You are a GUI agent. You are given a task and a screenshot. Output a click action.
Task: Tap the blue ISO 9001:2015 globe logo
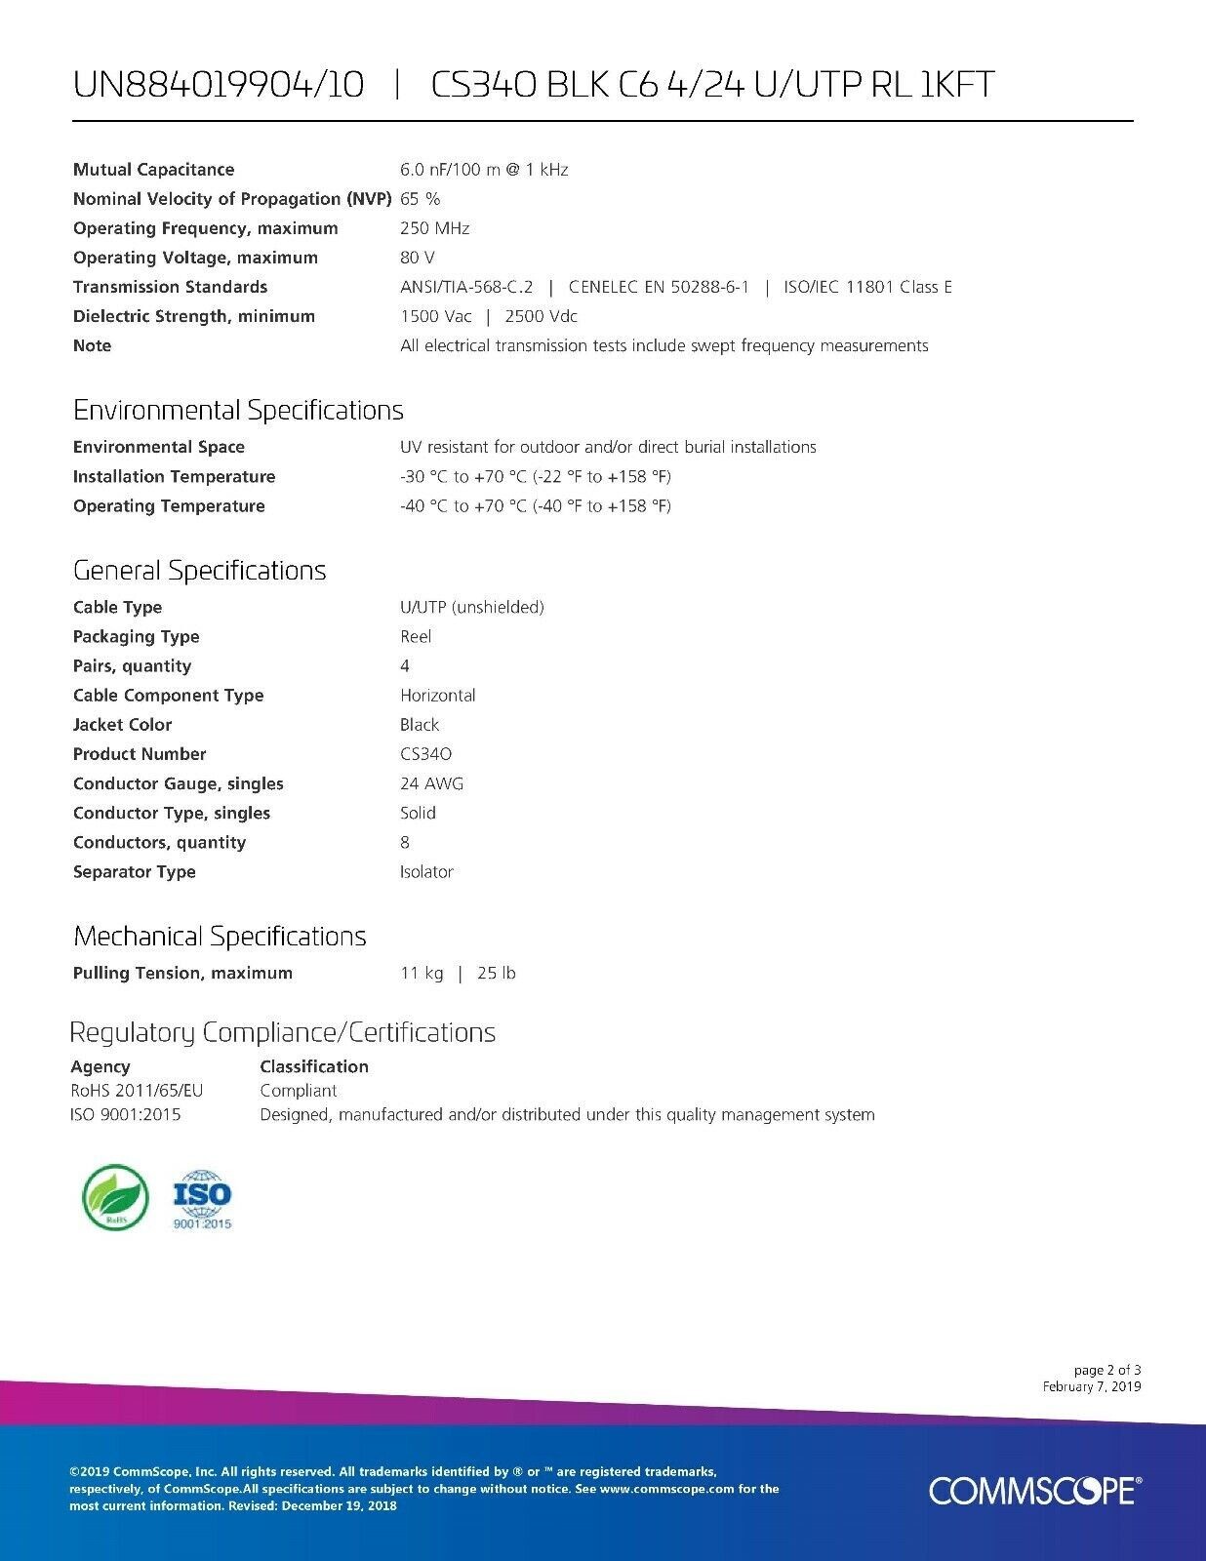pos(202,1199)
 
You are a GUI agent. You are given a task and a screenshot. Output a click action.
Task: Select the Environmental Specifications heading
pos(238,410)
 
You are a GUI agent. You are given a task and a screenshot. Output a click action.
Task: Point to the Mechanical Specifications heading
pos(220,937)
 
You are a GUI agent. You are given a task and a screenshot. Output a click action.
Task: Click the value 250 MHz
pos(434,228)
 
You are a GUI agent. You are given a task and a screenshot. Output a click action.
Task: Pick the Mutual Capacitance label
pos(153,170)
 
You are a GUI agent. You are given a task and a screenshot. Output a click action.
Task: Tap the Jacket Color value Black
pos(420,725)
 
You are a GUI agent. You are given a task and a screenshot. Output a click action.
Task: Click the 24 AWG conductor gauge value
pos(431,783)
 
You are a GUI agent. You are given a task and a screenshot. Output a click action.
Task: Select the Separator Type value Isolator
pos(426,872)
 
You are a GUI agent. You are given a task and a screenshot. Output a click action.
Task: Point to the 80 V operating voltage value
pos(418,258)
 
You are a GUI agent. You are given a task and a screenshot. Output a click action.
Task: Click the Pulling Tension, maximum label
pos(182,973)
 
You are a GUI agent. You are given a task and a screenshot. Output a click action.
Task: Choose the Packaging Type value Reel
pos(416,637)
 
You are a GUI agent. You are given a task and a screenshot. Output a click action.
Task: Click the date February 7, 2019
pos(1091,1386)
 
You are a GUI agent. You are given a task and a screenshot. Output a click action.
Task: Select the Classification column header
pos(314,1066)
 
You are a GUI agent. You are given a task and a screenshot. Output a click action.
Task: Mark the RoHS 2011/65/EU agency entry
pos(137,1091)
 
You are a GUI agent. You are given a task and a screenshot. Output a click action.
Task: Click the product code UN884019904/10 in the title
pos(219,86)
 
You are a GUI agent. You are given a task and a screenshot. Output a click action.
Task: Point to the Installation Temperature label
pos(174,477)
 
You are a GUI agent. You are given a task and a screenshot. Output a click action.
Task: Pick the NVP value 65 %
pos(420,199)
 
